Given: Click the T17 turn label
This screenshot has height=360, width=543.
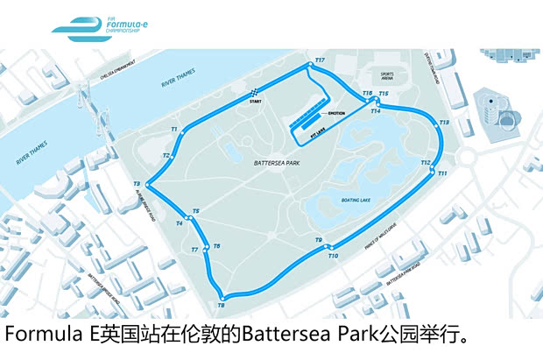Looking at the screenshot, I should point(320,60).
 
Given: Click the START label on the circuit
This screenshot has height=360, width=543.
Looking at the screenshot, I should point(255,102).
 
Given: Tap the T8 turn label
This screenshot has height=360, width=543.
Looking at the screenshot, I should point(221,305).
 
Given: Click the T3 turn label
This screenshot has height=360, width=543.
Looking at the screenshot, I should point(138,183).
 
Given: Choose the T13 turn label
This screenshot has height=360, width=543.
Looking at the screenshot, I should point(444,123).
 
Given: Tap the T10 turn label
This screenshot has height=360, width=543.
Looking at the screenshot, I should point(333,256).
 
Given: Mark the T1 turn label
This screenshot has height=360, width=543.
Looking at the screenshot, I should point(173,129).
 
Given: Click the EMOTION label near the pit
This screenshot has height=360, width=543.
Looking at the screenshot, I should point(336,113).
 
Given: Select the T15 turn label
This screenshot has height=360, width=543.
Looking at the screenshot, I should point(383,93).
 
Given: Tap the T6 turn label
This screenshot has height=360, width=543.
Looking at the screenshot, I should point(216,246).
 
